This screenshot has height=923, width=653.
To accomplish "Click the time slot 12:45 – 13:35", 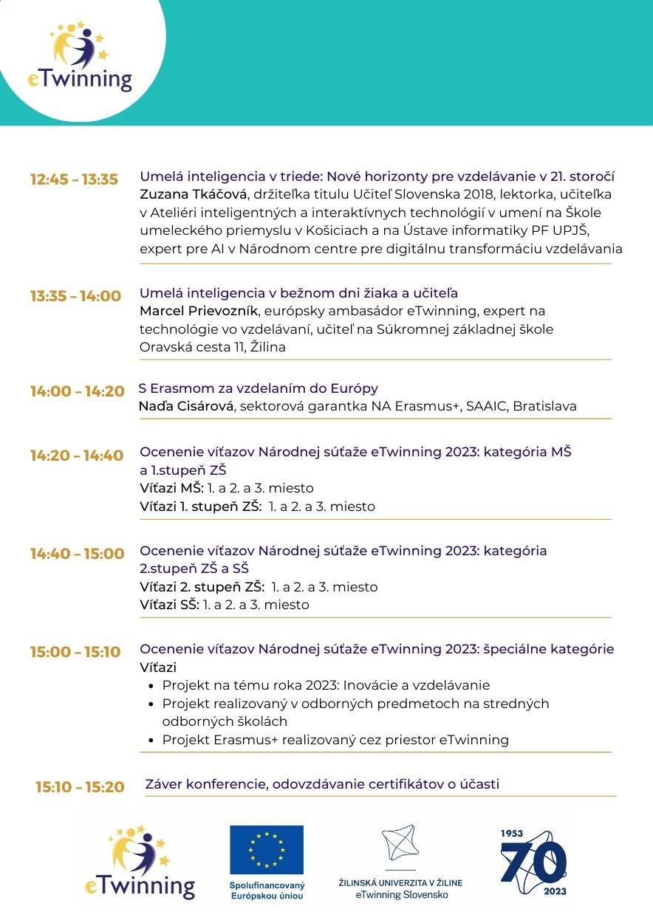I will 74,179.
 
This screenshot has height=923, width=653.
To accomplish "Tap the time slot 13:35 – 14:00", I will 75,296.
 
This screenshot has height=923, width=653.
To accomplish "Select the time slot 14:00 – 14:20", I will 77,391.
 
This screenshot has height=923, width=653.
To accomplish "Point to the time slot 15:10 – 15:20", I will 80,787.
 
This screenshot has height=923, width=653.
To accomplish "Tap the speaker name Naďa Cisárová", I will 185,406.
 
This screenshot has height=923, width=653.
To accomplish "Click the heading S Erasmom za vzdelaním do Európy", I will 259,388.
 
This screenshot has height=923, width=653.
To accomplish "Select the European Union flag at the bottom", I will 266,849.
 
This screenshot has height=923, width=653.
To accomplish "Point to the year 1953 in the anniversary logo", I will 512,833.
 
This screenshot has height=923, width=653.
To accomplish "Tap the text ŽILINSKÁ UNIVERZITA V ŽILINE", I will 400,882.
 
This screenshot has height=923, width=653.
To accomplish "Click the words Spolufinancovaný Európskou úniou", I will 267,891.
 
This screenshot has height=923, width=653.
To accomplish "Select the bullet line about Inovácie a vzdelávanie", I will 326,685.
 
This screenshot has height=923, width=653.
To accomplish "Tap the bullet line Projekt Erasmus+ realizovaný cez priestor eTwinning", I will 335,740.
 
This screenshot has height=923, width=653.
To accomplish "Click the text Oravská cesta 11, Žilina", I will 212,347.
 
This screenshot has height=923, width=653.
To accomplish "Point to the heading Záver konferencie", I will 322,784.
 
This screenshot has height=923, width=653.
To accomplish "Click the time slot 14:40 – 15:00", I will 77,554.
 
